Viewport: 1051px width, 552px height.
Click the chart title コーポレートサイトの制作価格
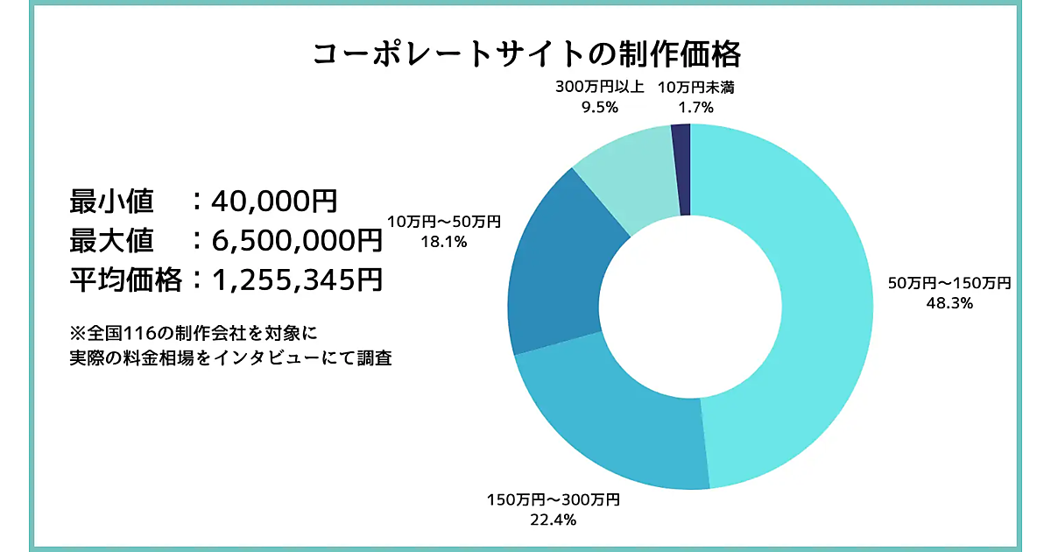click(526, 54)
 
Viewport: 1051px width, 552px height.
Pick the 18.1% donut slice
click(561, 263)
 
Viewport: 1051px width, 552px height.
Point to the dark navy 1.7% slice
click(682, 166)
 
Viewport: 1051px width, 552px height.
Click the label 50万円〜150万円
click(949, 283)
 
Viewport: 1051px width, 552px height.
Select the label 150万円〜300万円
click(553, 500)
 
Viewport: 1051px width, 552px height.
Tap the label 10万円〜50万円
click(444, 223)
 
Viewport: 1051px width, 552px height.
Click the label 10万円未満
click(695, 87)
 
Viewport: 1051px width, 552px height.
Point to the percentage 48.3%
click(950, 303)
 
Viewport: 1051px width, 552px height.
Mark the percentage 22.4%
click(553, 520)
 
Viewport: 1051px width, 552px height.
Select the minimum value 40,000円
click(274, 201)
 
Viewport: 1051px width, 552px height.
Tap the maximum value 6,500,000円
click(296, 240)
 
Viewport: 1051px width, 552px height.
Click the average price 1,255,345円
click(296, 280)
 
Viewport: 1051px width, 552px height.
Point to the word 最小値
click(111, 201)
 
